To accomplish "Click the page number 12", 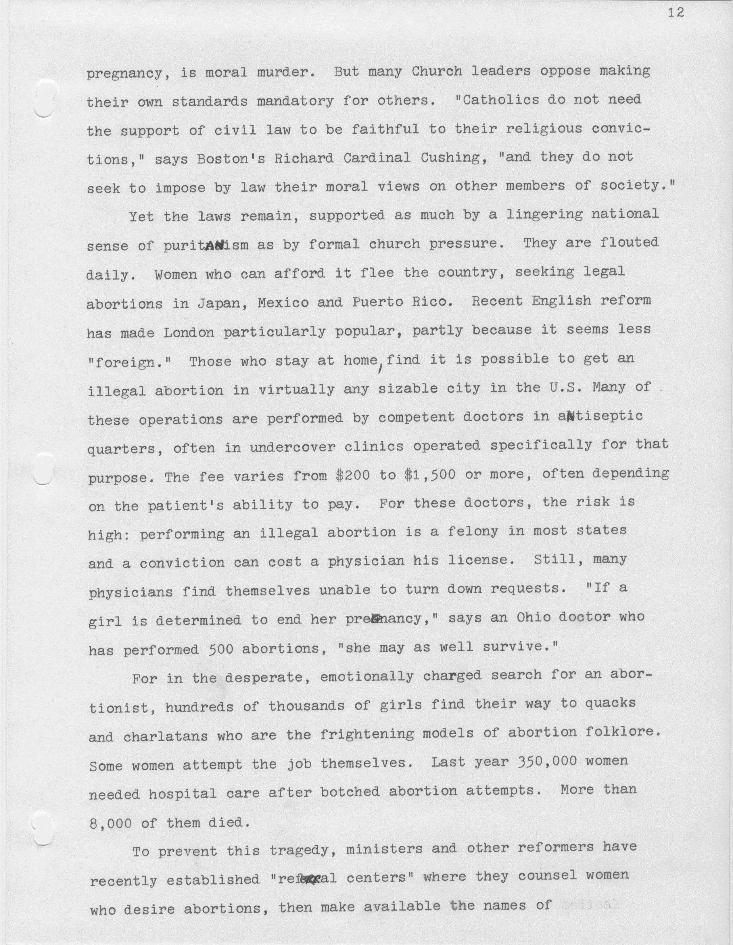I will (676, 14).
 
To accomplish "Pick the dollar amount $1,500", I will (430, 475).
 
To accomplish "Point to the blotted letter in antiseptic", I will (570, 417).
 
